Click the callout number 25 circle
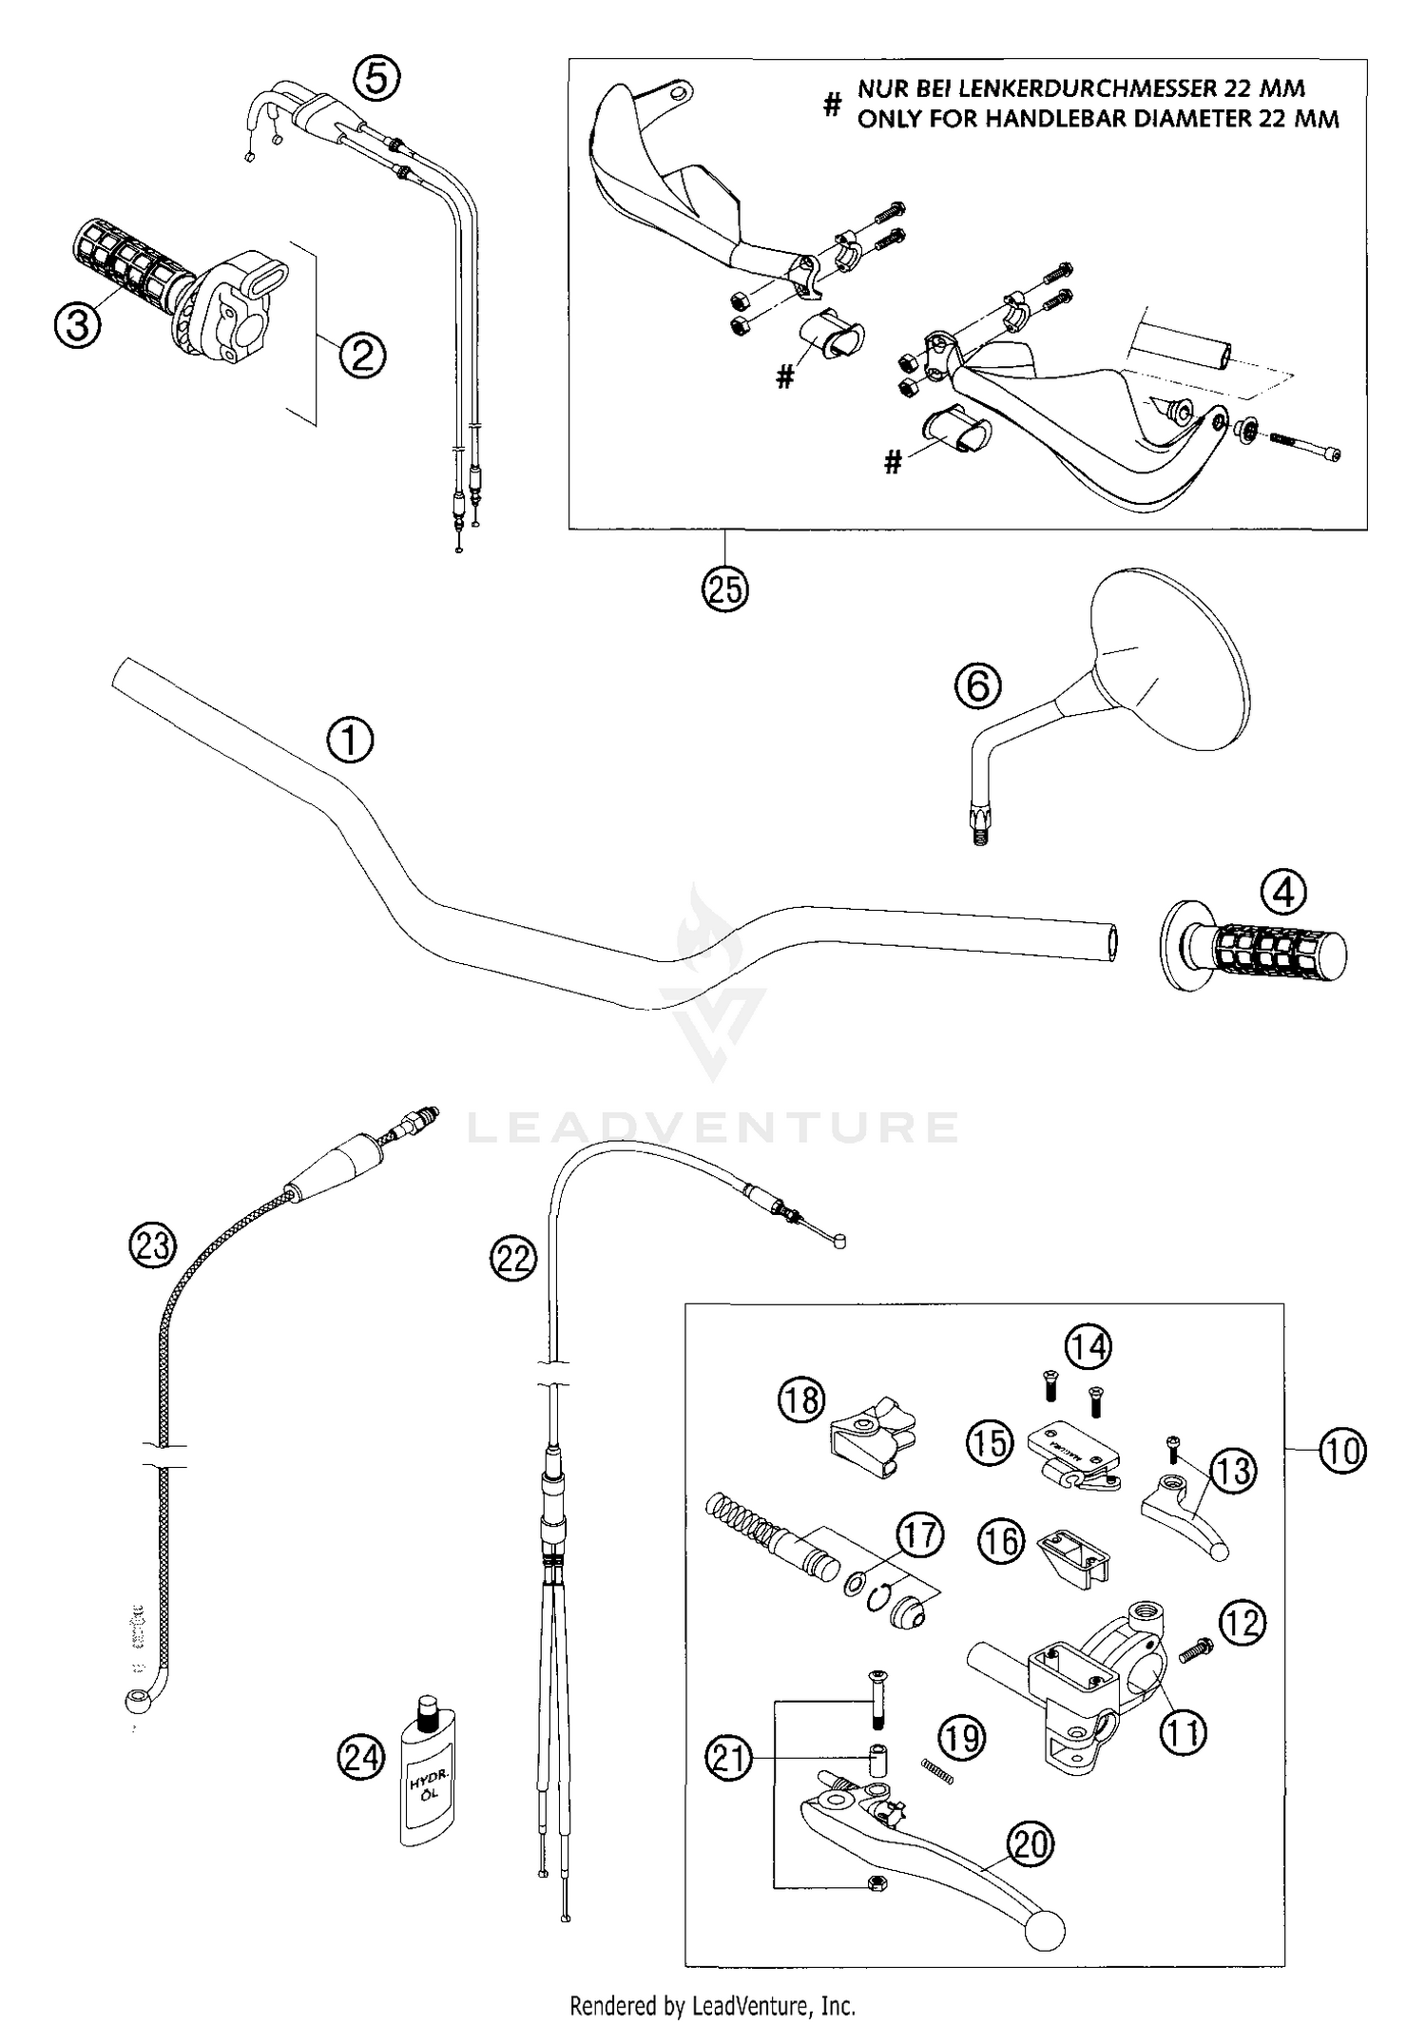coord(724,589)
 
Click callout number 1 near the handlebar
coord(350,741)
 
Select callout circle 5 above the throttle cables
coord(377,79)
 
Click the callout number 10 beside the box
coord(1341,1451)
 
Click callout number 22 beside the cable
coord(513,1259)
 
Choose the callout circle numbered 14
coord(1088,1346)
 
